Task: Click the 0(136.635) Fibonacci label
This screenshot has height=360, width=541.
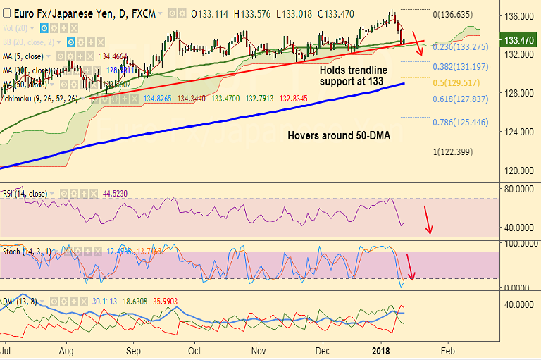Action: click(x=462, y=14)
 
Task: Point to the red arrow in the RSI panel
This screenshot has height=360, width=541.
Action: click(x=428, y=221)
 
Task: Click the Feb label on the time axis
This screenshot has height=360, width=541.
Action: click(x=447, y=349)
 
